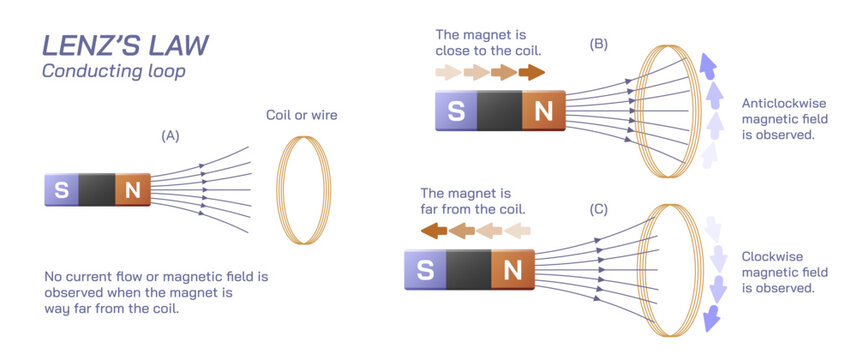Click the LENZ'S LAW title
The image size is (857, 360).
click(125, 46)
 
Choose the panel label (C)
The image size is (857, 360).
click(598, 209)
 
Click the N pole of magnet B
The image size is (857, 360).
click(543, 111)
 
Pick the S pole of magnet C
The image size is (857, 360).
click(425, 269)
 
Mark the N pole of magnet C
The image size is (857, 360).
click(512, 269)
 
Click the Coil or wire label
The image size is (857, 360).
click(301, 115)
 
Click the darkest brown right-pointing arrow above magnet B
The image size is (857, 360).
click(532, 72)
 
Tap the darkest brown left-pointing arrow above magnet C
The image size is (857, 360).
click(433, 232)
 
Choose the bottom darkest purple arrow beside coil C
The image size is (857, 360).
click(711, 317)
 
